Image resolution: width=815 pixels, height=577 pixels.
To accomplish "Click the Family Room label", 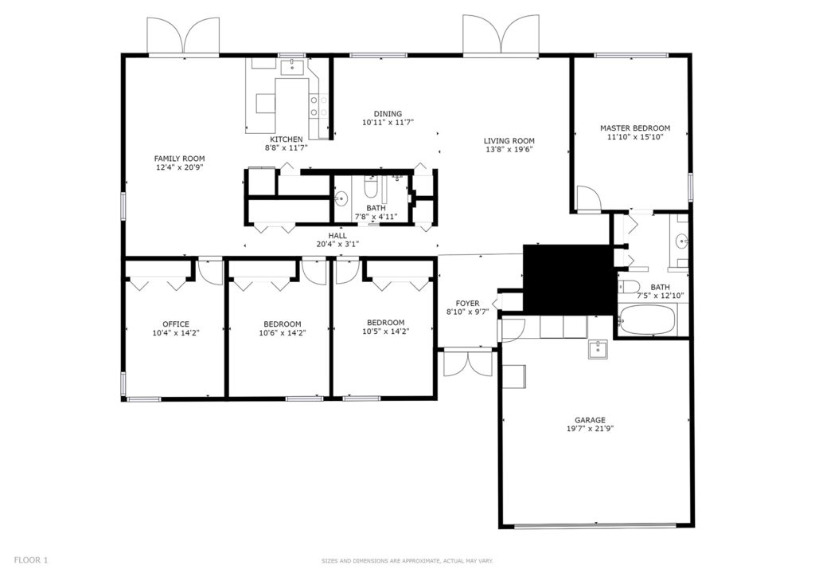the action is coord(179,159).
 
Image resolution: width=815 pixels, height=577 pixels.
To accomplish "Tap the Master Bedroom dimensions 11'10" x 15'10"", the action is coord(635,137).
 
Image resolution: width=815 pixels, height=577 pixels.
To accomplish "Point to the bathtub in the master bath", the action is coord(647,320).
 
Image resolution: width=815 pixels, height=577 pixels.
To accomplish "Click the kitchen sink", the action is coord(293,68).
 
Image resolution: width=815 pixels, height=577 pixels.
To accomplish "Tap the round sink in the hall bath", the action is coord(341,198).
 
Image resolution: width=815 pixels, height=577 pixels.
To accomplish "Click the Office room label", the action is coord(176,324).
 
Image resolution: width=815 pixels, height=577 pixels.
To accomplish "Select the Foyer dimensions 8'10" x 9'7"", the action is coord(468,312).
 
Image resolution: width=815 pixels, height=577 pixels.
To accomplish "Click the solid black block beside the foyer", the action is coord(569,280).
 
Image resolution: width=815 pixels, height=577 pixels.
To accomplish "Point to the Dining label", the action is coord(388,114).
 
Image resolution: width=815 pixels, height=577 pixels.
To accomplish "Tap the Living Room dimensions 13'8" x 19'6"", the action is coord(509,149).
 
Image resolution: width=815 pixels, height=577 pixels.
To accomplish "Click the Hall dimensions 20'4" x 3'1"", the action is coord(337,244).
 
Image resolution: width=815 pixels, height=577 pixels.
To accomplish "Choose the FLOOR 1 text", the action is coord(31,560).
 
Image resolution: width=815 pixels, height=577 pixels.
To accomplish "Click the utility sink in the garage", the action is coord(599,350).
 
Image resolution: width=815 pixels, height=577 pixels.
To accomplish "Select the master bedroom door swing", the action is coord(589,198).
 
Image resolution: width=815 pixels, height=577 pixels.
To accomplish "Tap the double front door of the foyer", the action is coord(468,363).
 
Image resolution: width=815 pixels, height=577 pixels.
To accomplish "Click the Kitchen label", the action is coord(286,139).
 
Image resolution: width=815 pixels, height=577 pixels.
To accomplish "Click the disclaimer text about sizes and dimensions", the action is coord(407,561).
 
